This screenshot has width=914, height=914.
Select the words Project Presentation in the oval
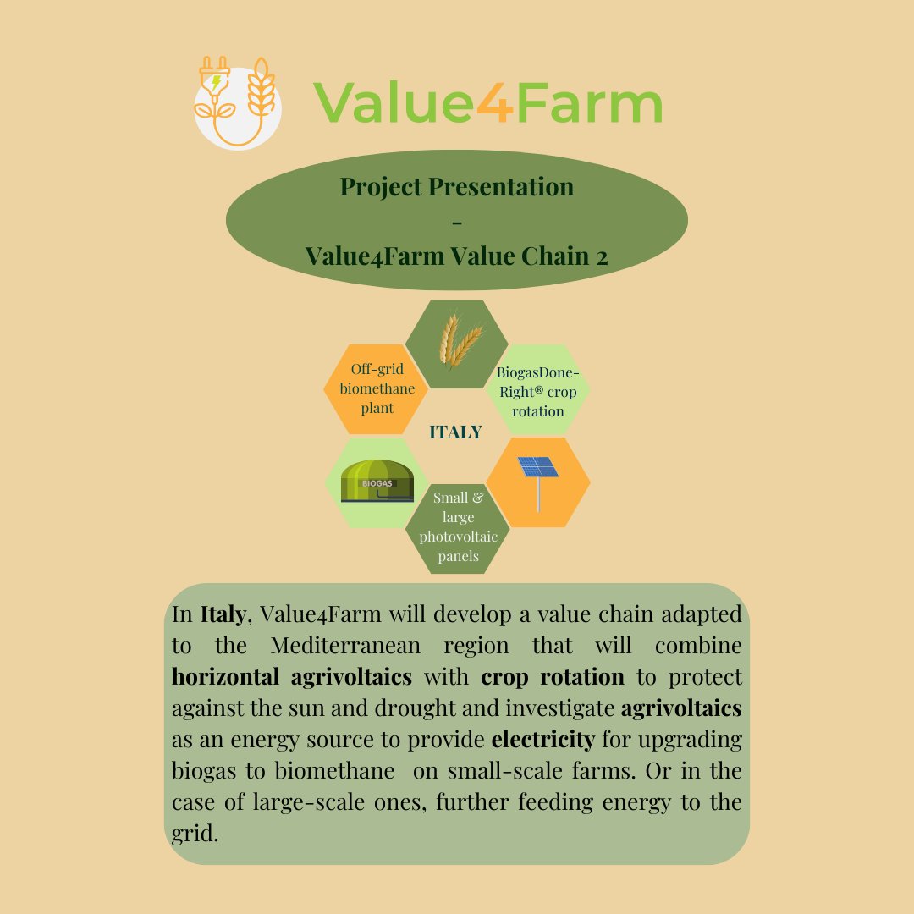tap(457, 186)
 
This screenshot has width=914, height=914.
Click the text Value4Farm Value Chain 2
tap(457, 255)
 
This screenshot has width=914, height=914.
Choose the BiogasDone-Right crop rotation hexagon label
tap(538, 391)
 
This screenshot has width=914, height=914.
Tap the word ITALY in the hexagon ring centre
tap(455, 432)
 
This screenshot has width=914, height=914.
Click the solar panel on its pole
tap(538, 478)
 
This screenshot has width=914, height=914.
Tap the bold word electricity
tap(543, 741)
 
